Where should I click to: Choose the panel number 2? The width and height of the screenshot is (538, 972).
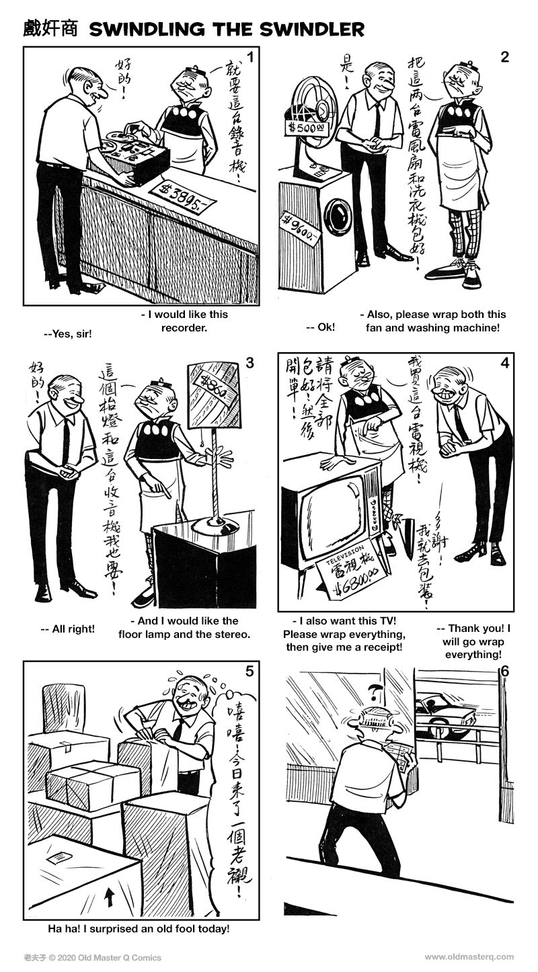(x=504, y=56)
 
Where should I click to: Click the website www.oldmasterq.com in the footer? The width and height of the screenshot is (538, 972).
(x=469, y=957)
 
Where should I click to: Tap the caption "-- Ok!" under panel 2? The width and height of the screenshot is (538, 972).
(x=320, y=327)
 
